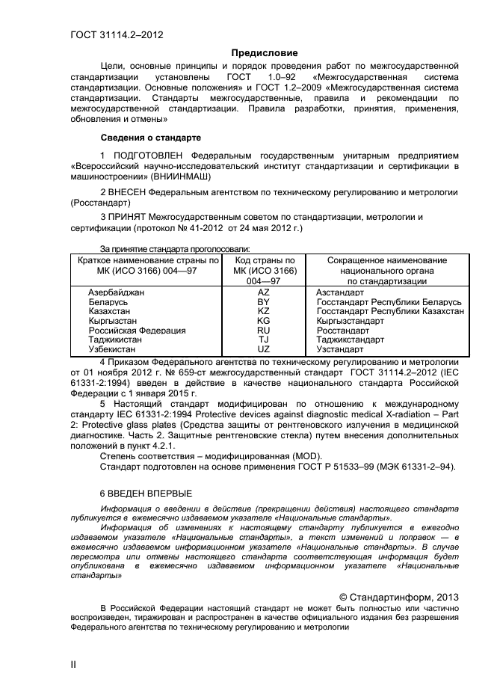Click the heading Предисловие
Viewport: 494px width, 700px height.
pyautogui.click(x=264, y=52)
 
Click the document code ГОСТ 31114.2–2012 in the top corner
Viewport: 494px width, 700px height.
pyautogui.click(x=116, y=34)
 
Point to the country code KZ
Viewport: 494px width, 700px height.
pyautogui.click(x=264, y=310)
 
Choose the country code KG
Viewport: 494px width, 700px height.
pyautogui.click(x=264, y=320)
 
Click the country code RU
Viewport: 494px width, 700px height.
pyautogui.click(x=264, y=330)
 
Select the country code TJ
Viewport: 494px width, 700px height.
pyautogui.click(x=264, y=339)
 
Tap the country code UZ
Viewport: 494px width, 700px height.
pyautogui.click(x=264, y=349)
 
